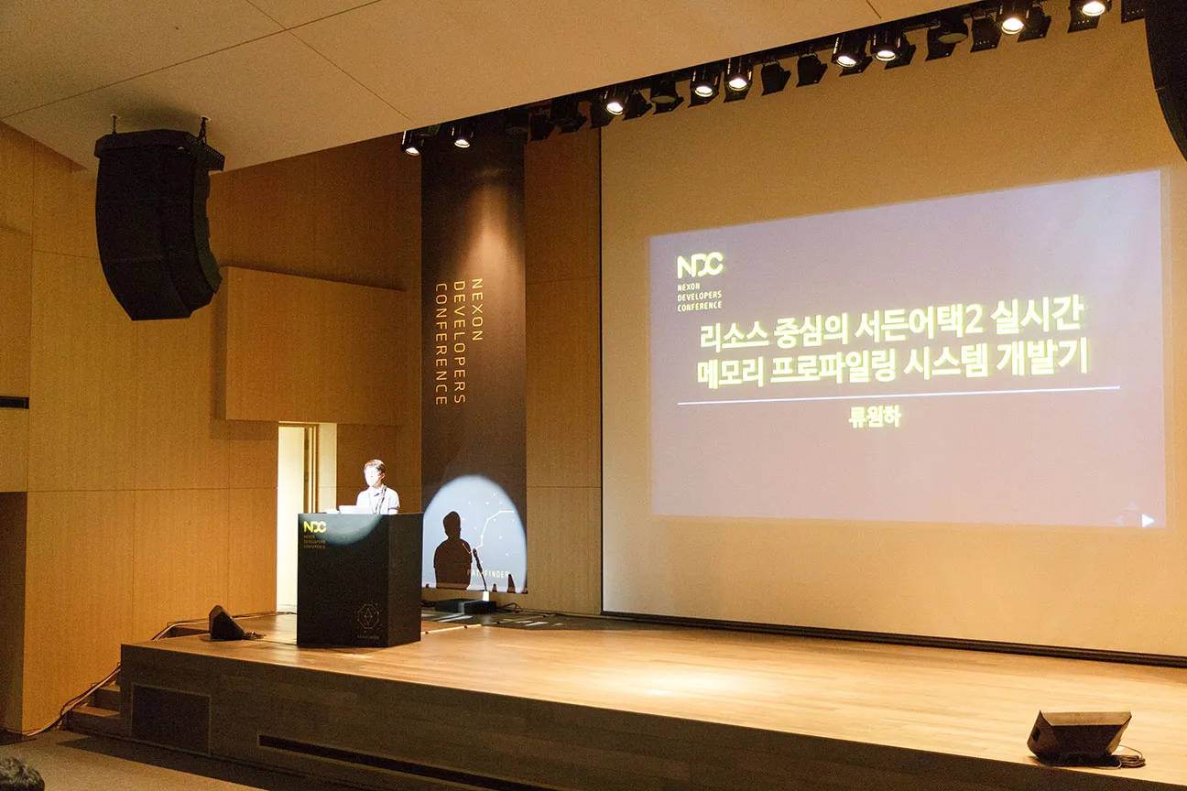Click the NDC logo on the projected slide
pyautogui.click(x=700, y=265)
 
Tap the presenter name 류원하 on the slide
pyautogui.click(x=875, y=417)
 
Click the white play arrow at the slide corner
pyautogui.click(x=1148, y=520)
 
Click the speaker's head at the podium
pyautogui.click(x=374, y=471)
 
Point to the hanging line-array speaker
pyautogui.click(x=158, y=224)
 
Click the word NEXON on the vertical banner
pyautogui.click(x=474, y=298)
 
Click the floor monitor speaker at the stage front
pyautogui.click(x=1079, y=734)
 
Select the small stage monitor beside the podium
pyautogui.click(x=225, y=623)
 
